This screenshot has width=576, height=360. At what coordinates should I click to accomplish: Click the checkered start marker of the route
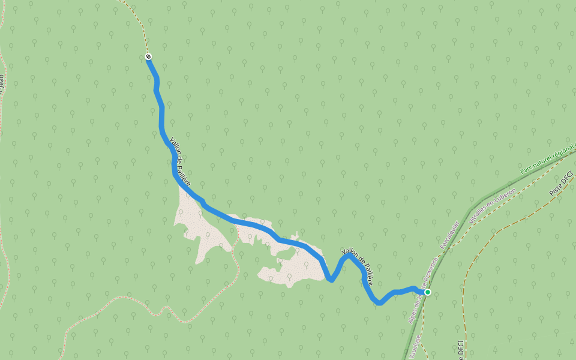point(148,57)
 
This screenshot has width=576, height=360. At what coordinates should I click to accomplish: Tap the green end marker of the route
point(428,292)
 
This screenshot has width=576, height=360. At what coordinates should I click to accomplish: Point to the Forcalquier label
point(449,235)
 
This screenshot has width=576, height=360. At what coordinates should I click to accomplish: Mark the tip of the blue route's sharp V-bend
point(331,280)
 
